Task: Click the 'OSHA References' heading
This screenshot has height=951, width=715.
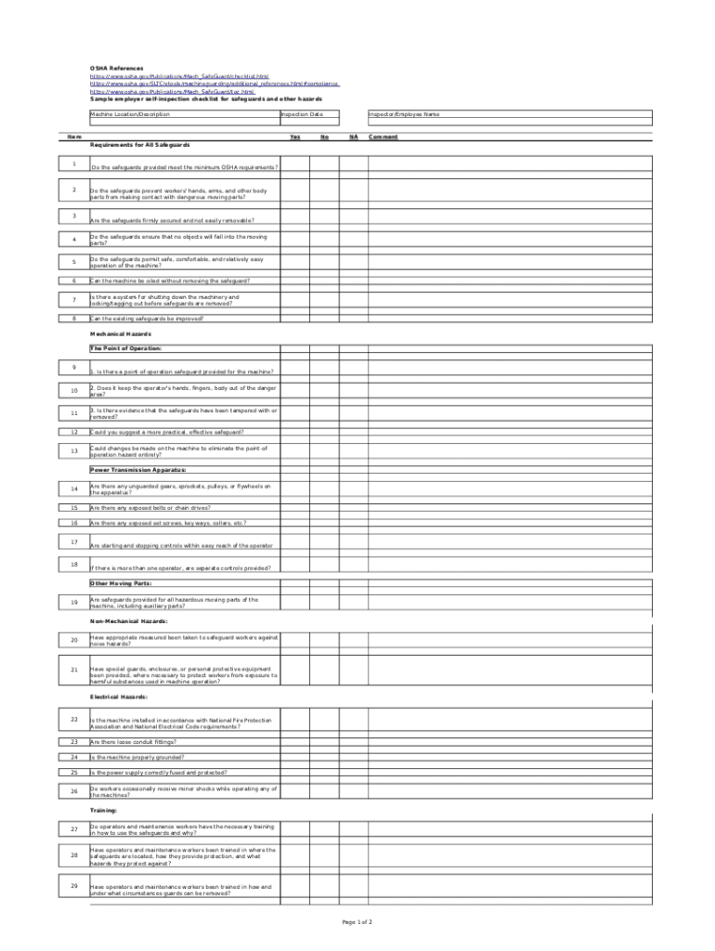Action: (116, 69)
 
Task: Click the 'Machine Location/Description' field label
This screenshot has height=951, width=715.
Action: (130, 114)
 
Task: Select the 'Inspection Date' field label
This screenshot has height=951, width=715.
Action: (303, 114)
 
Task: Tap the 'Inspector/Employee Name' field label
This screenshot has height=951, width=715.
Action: (404, 114)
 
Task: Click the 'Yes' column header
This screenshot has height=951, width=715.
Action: (295, 137)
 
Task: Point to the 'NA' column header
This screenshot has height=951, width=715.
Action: (353, 137)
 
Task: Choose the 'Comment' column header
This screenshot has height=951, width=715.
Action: (383, 137)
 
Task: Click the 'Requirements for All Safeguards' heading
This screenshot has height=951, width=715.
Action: (140, 146)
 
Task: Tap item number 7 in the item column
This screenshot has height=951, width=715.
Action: (73, 300)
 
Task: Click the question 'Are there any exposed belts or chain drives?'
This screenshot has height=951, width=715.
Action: (150, 508)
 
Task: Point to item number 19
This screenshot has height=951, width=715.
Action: (73, 603)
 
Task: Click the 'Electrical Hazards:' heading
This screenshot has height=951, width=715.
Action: (119, 697)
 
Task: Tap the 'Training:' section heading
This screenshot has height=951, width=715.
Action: (104, 811)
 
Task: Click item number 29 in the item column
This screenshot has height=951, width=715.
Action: (73, 886)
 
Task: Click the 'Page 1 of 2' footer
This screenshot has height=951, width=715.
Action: (357, 922)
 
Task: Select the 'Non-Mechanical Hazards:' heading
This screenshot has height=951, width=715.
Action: (129, 621)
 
